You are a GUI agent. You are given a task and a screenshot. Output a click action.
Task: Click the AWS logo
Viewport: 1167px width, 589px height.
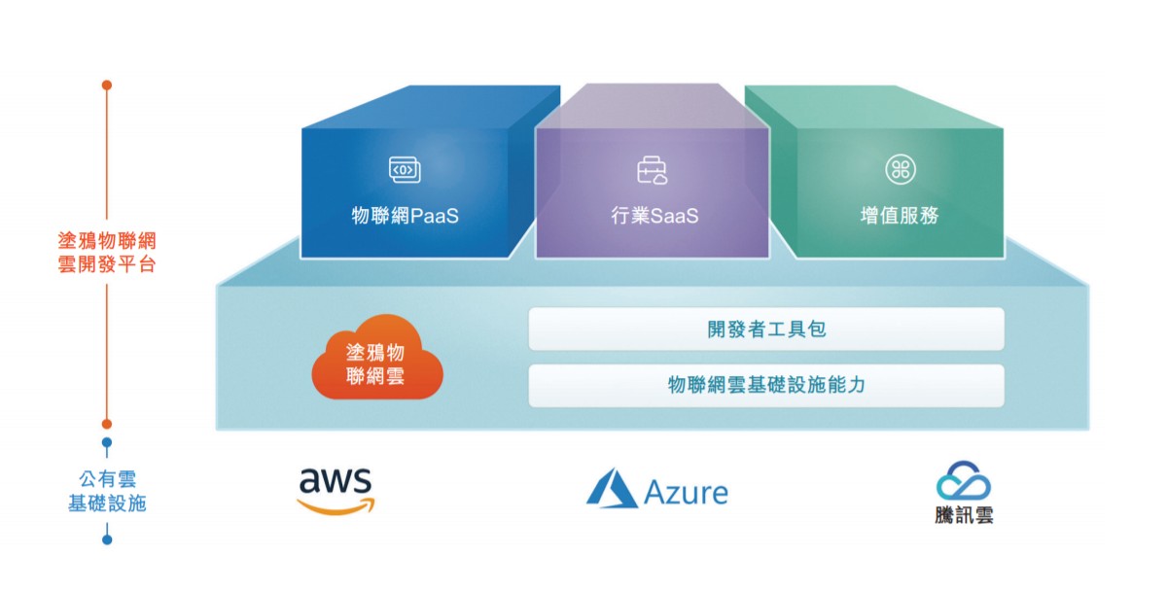(x=336, y=489)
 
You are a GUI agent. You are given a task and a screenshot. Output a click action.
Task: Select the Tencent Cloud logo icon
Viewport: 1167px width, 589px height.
(x=963, y=480)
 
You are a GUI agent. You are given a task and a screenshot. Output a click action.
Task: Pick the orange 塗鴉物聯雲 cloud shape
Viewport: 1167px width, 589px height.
(x=376, y=359)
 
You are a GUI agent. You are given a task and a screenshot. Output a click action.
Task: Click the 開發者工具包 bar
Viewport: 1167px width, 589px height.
(x=766, y=329)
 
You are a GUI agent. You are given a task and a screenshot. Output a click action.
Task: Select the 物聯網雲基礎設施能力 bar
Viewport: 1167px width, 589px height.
(x=766, y=386)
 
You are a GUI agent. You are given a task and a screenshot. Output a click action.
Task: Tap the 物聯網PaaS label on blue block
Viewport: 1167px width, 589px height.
(x=405, y=216)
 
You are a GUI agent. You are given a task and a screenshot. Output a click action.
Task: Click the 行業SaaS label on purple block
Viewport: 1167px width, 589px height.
(x=654, y=216)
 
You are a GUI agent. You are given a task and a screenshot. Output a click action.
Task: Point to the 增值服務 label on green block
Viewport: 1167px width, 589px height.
(x=900, y=216)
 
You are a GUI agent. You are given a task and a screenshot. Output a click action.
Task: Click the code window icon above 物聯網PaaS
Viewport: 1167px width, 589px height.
(x=405, y=169)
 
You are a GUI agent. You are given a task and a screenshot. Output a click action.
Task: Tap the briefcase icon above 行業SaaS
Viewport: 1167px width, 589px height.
(x=653, y=171)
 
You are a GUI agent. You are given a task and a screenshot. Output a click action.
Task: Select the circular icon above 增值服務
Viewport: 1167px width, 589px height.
(x=900, y=169)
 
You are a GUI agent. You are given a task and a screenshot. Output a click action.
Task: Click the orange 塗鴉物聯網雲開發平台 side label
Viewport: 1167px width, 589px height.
(x=107, y=252)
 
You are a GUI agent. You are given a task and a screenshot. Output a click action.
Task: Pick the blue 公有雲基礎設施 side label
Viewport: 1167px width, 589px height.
(x=107, y=492)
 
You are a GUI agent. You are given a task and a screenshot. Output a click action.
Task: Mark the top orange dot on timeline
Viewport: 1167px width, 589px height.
(x=107, y=85)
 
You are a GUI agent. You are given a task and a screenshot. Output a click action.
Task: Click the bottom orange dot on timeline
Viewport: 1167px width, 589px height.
(x=107, y=424)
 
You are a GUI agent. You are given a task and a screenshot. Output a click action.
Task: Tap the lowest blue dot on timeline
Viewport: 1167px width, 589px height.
(x=107, y=539)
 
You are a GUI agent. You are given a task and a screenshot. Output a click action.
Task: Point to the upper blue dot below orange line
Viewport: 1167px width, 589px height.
(x=107, y=443)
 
